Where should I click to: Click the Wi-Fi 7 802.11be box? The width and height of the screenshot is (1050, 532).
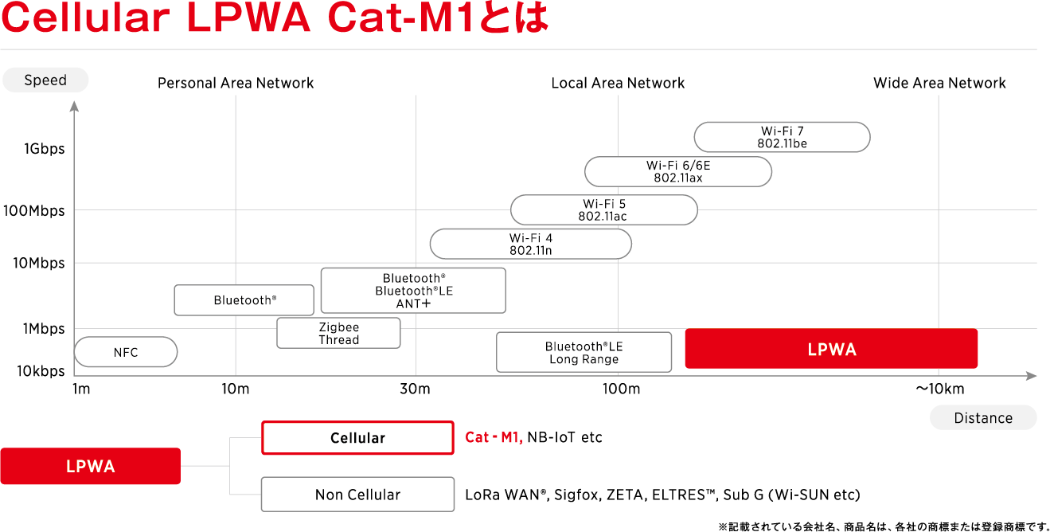(782, 137)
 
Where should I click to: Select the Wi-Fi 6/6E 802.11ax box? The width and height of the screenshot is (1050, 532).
(677, 172)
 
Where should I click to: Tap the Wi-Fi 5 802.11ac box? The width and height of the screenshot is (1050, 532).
(603, 209)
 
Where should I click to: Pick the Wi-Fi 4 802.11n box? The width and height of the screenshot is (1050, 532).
(531, 244)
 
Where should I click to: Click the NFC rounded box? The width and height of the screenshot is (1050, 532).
(126, 352)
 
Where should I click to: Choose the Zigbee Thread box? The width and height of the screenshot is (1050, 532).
(338, 333)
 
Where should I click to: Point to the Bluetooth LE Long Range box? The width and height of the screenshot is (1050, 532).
(584, 352)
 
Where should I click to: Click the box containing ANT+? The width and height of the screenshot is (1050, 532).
(413, 291)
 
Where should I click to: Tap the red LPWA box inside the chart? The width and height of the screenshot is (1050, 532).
(831, 349)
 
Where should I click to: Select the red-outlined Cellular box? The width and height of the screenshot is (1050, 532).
(357, 438)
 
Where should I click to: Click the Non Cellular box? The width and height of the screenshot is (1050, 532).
(357, 495)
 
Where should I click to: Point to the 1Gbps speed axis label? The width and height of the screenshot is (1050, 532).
(45, 149)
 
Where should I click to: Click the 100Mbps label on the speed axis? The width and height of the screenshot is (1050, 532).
(33, 210)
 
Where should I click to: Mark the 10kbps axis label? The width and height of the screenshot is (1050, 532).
(41, 371)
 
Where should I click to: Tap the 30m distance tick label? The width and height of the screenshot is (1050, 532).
(415, 389)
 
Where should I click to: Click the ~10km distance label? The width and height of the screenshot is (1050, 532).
(940, 389)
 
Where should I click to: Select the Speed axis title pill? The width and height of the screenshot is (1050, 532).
(45, 80)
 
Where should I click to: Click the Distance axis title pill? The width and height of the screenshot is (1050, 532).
(983, 417)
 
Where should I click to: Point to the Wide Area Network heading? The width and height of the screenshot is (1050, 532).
(939, 83)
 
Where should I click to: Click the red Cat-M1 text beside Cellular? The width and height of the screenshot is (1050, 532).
(494, 437)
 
